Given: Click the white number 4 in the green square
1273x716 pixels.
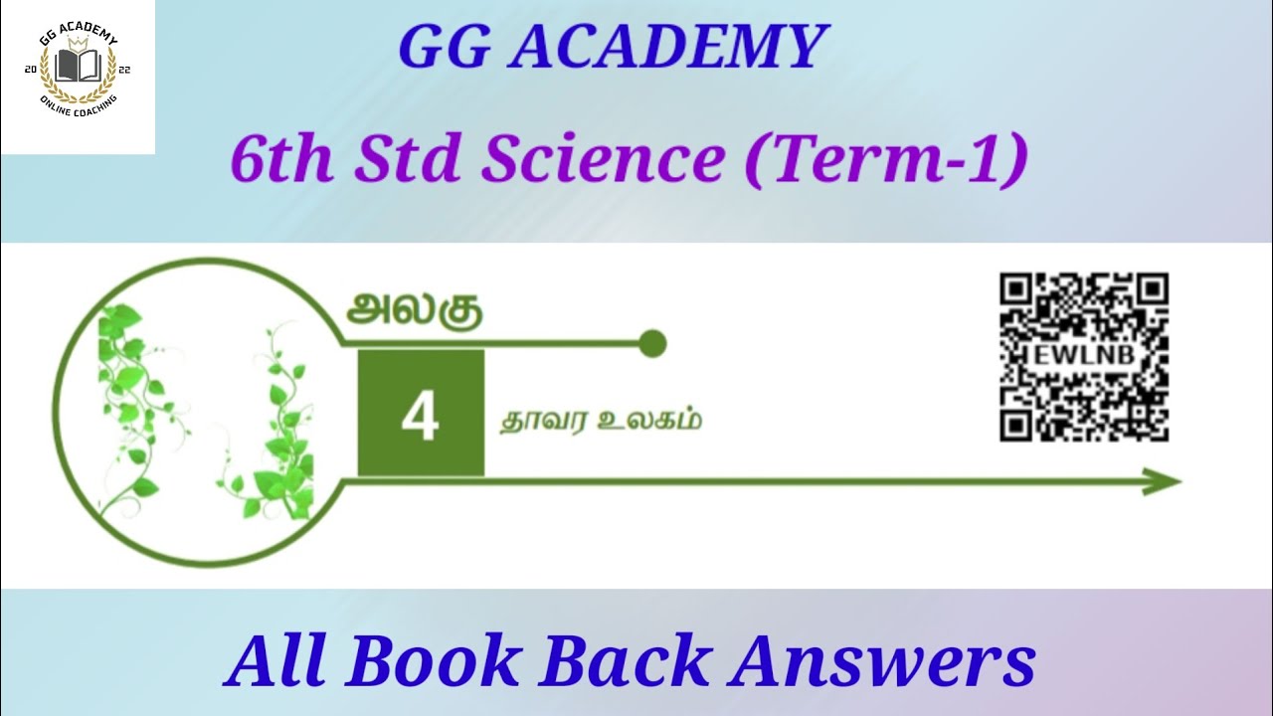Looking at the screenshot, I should click(x=420, y=418).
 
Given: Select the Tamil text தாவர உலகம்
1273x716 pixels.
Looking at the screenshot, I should click(x=600, y=420).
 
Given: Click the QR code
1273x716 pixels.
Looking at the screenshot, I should click(x=1084, y=357).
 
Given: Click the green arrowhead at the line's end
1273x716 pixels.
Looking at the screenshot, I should click(x=1163, y=483).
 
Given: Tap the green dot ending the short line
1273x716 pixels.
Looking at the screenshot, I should click(x=651, y=344).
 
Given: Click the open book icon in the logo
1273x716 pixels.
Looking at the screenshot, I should click(x=78, y=68).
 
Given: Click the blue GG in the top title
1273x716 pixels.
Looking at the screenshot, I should click(x=444, y=47).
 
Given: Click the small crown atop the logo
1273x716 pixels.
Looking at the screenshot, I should click(x=78, y=43).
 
